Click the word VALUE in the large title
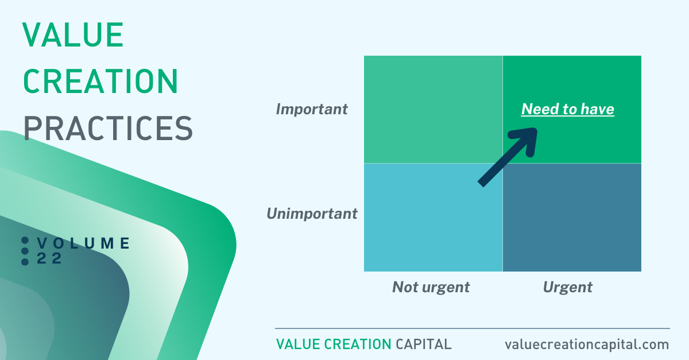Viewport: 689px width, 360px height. coord(73,35)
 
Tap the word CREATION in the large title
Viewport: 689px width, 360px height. coord(100,81)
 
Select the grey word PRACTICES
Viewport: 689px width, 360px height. coord(108,128)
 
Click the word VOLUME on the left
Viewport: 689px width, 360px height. coord(83,243)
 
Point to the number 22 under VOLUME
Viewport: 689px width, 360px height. coord(49,258)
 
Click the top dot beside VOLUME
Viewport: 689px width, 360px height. coord(25,241)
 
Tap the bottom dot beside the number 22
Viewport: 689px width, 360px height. coord(25,262)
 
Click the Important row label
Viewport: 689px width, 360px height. coord(312,109)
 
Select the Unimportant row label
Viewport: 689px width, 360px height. coord(312,214)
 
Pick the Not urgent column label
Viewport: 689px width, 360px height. coord(431,288)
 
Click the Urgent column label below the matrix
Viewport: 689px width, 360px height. coord(567,288)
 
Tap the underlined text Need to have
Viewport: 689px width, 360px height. coord(567,109)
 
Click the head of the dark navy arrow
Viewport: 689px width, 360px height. coord(528,138)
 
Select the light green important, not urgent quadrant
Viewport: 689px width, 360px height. coord(433,109)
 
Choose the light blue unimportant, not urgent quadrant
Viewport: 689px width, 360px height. coord(433,218)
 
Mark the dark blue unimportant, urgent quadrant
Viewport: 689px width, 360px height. coord(572,218)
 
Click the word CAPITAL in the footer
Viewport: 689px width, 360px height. coord(424,344)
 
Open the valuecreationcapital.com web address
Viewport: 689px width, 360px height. coord(587,344)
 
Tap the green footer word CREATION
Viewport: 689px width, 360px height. coord(358,344)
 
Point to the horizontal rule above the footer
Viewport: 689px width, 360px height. coord(473,328)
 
